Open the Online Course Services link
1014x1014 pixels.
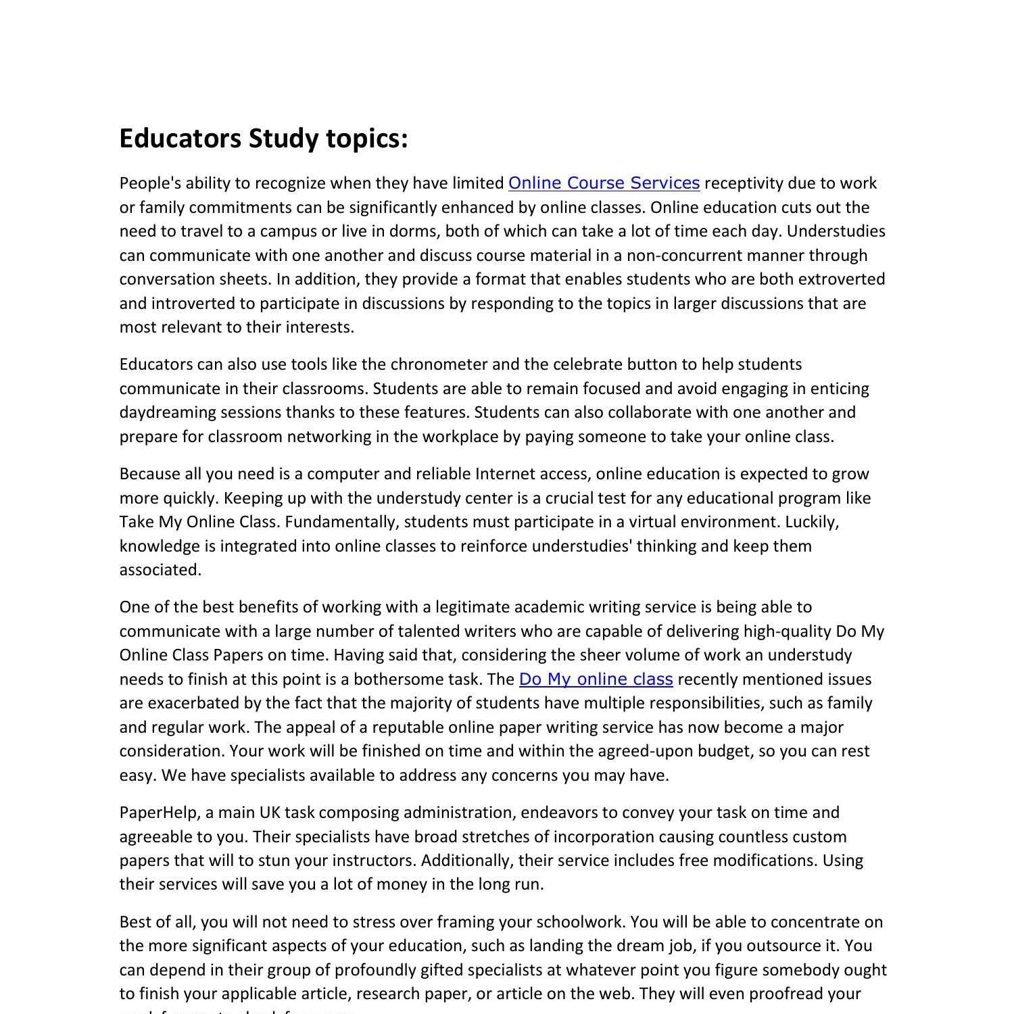[x=604, y=183]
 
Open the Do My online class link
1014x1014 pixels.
[x=596, y=679]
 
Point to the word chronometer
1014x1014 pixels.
[x=439, y=364]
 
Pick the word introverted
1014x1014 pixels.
[x=202, y=304]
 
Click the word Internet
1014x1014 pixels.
[x=503, y=474]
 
